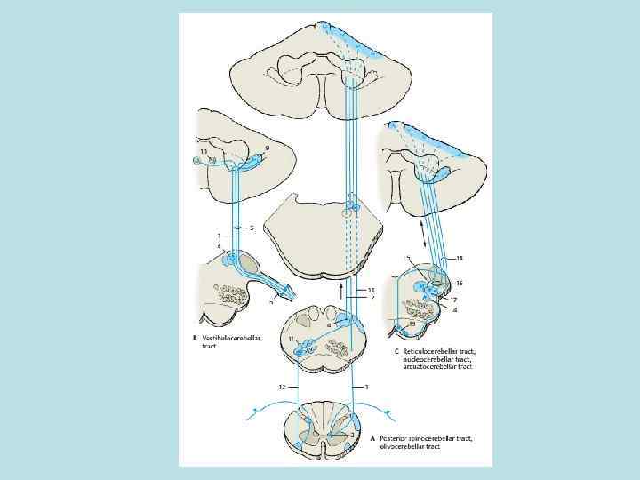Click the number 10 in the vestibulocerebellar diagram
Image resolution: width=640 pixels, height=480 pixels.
tap(205, 152)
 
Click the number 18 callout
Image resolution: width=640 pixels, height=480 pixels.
tap(459, 259)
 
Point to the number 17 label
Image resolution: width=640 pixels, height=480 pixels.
tap(453, 300)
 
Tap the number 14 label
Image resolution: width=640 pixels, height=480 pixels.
tap(453, 309)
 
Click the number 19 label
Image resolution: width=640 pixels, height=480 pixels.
tap(412, 326)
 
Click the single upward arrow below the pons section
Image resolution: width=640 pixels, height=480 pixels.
tap(340, 289)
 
